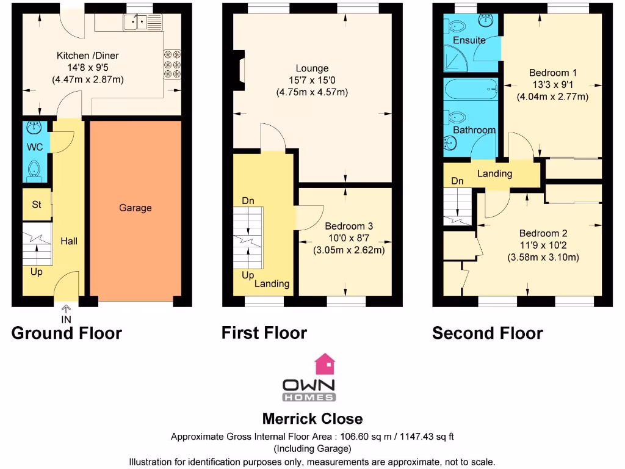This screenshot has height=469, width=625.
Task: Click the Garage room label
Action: click(135, 208)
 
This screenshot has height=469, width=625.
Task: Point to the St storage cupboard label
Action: click(37, 205)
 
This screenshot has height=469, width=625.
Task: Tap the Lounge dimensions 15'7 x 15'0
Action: click(312, 81)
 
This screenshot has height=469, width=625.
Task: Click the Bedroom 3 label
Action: click(349, 226)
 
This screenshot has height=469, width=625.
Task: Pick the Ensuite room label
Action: click(469, 40)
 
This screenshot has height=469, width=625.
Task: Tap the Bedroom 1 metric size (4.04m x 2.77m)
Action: click(552, 96)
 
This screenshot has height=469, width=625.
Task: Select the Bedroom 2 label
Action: click(543, 233)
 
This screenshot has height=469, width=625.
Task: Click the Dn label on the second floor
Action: click(458, 181)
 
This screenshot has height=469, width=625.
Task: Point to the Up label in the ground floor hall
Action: click(37, 272)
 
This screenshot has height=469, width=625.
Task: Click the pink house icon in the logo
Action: click(325, 365)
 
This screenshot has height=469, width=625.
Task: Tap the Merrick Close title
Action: click(312, 419)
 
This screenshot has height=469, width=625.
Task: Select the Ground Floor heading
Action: click(67, 333)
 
